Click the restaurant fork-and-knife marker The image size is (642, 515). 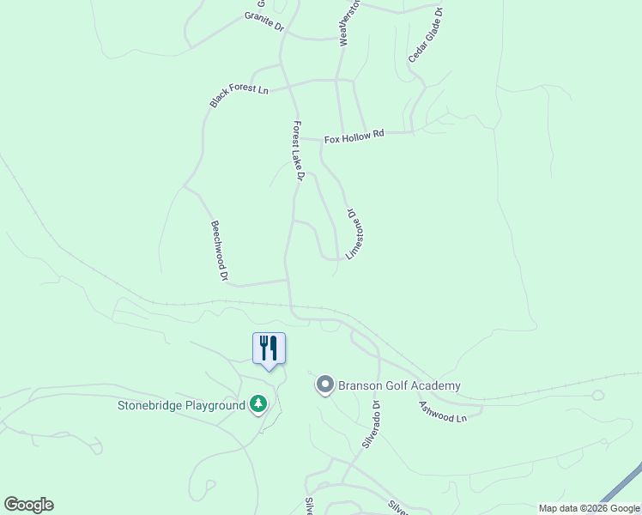pyautogui.click(x=269, y=348)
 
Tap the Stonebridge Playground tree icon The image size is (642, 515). pyautogui.click(x=257, y=403)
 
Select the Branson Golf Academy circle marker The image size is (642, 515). pyautogui.click(x=324, y=385)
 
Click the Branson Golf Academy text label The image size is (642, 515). pyautogui.click(x=399, y=385)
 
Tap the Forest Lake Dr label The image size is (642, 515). pyautogui.click(x=298, y=150)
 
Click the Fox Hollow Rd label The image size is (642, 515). pyautogui.click(x=354, y=136)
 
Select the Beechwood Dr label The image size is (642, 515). pyautogui.click(x=219, y=251)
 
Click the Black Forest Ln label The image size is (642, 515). pyautogui.click(x=239, y=96)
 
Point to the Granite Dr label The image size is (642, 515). pyautogui.click(x=263, y=21)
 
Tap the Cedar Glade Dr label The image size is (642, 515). pyautogui.click(x=426, y=34)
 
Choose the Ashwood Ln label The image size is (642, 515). pyautogui.click(x=442, y=411)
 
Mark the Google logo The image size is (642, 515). pyautogui.click(x=28, y=505)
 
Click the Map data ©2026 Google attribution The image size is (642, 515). pyautogui.click(x=589, y=508)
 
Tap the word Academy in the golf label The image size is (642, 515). pyautogui.click(x=435, y=385)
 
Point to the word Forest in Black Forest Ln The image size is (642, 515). pyautogui.click(x=239, y=95)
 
